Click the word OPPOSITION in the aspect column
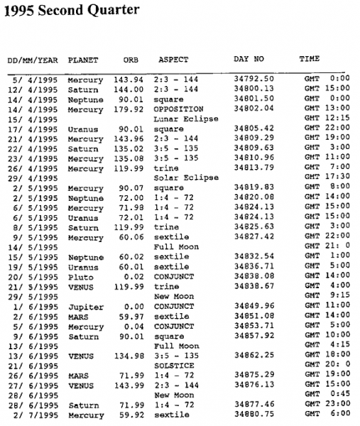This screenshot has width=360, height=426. point(182,109)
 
